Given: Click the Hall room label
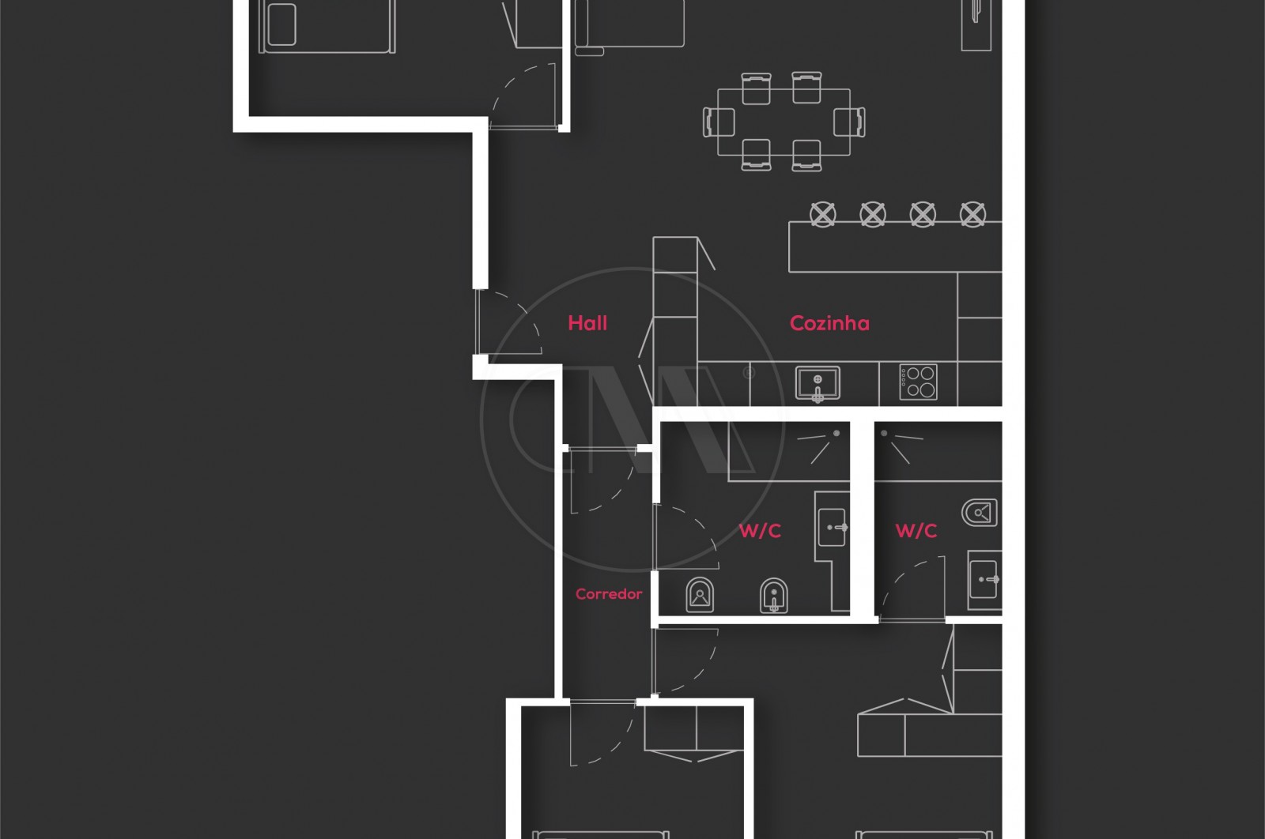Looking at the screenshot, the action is click(x=587, y=322).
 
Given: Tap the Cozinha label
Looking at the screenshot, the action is click(x=829, y=322).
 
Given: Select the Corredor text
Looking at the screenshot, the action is click(x=609, y=594).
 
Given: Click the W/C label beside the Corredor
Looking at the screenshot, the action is click(x=760, y=531).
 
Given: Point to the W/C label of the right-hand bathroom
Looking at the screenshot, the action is click(x=916, y=531).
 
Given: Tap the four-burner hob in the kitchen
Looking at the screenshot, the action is click(x=919, y=382).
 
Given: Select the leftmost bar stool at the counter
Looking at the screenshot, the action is click(x=822, y=213).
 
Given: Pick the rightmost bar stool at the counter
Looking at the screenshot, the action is click(x=972, y=213).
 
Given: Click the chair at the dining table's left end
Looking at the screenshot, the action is click(x=719, y=122).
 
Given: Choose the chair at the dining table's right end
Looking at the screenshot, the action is click(x=849, y=122).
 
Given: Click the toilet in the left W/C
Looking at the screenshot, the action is click(x=700, y=596).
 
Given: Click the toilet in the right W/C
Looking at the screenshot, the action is click(x=980, y=513).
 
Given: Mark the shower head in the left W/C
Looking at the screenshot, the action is click(x=836, y=434).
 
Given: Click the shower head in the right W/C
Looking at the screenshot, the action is click(x=885, y=434).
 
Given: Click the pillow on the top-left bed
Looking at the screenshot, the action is click(x=281, y=24).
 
